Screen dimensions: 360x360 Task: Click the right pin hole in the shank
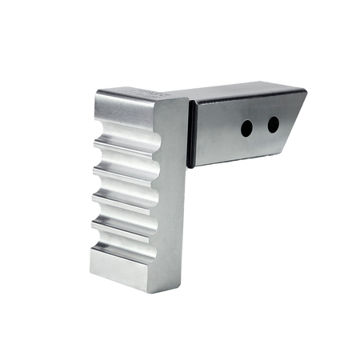click(x=273, y=124)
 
